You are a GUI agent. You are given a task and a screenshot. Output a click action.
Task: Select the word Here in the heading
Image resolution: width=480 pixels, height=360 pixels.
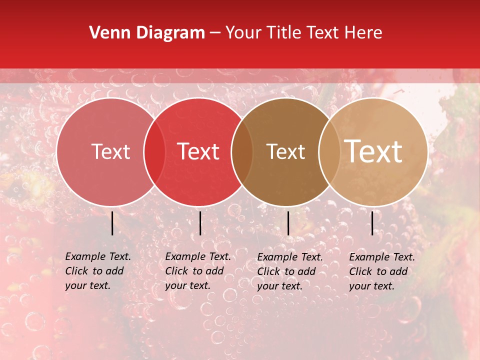point(364,33)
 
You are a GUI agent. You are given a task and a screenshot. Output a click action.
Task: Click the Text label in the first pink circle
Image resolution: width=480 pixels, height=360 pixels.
point(110,151)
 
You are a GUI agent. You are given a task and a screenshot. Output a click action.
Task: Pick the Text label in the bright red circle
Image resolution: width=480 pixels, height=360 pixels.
point(198,151)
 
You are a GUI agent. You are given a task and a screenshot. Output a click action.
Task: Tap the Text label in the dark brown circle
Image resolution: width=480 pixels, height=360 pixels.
point(285,151)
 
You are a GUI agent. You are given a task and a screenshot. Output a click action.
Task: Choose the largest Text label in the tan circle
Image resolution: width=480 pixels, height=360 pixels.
point(373,151)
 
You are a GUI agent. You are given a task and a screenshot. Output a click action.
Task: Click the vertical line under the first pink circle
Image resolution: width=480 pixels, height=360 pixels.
point(112,223)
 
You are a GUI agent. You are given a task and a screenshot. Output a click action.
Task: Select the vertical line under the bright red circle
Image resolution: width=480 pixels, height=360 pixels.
point(200,223)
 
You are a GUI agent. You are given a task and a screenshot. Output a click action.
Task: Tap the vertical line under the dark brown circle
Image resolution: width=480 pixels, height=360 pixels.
point(288,223)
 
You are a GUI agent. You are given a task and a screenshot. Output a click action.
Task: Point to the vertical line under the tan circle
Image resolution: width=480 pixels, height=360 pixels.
point(372,223)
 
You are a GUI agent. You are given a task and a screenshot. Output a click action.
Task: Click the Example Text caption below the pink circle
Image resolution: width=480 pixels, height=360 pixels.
point(97,271)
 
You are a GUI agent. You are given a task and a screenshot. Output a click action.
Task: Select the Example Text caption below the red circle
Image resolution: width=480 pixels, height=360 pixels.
point(197,271)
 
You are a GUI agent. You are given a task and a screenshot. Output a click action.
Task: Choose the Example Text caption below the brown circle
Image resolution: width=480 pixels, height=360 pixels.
point(289,271)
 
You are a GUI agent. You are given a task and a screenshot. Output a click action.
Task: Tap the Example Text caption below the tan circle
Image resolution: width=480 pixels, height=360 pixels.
point(381,271)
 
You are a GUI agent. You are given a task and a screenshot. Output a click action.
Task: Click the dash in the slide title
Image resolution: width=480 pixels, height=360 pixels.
point(215,33)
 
